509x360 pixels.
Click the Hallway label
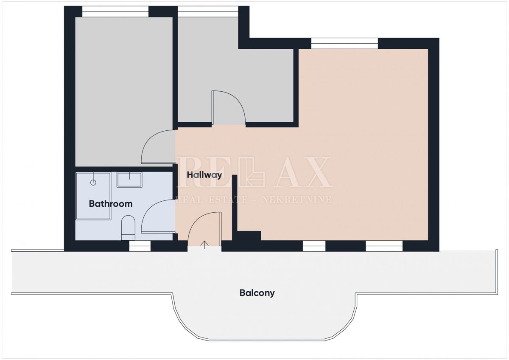tap(204, 175)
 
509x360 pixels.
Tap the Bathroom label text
tap(111, 204)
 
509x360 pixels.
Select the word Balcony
tap(257, 293)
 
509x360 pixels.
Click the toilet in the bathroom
tap(128, 228)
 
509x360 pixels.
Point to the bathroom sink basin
tap(129, 180)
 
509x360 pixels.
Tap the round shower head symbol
tap(93, 182)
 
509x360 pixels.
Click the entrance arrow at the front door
tap(204, 245)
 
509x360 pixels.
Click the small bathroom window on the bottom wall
tap(140, 246)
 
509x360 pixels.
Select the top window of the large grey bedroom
tap(115, 11)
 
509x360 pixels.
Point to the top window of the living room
tap(344, 43)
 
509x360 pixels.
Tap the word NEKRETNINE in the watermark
tap(296, 200)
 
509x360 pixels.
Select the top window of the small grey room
tap(208, 11)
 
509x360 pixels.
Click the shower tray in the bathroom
tap(93, 196)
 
